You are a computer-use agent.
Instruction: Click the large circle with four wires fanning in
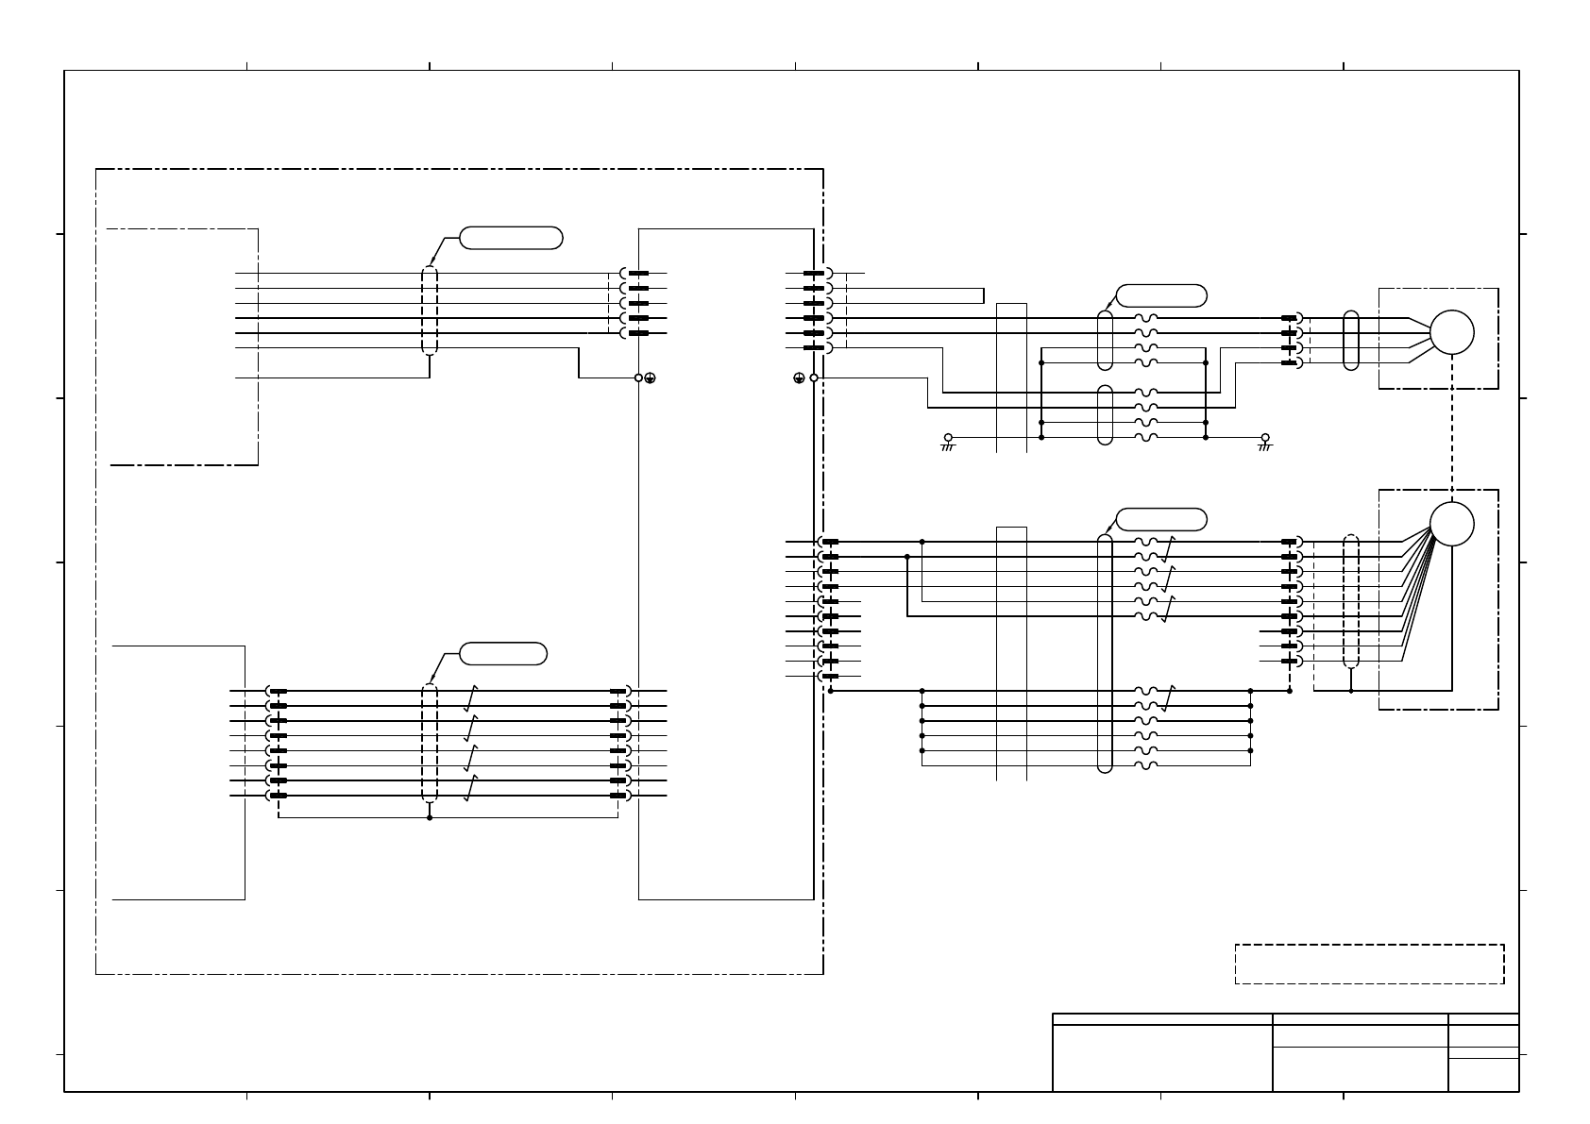pos(1451,332)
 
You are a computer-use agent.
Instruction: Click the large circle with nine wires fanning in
pos(1451,524)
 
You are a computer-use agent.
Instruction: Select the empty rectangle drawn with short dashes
pos(1369,964)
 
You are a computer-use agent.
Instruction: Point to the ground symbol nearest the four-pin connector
pos(1265,440)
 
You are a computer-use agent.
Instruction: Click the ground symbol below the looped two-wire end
pos(948,440)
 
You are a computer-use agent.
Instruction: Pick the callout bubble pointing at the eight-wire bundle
pos(502,653)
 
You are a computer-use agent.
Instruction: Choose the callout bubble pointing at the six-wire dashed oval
pos(511,238)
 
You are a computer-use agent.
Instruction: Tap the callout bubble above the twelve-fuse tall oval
pos(1160,519)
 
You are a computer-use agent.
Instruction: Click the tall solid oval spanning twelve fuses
pos(1105,653)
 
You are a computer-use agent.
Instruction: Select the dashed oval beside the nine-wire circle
pos(1351,601)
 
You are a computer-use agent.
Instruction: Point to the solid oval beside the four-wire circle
pos(1351,340)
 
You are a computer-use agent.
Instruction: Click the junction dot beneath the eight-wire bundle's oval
pos(430,817)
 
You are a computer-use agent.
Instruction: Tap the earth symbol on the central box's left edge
pos(651,378)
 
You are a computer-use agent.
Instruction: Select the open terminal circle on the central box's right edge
pos(814,377)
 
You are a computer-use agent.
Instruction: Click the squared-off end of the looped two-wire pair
pos(982,295)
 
